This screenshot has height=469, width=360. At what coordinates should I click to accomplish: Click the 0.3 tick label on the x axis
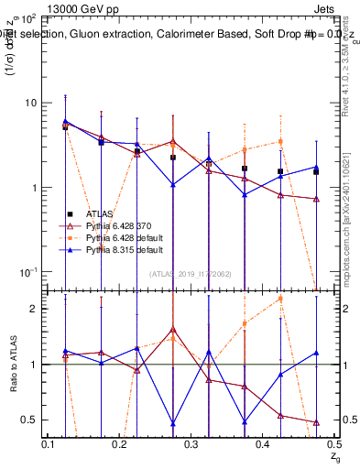coord(191,444)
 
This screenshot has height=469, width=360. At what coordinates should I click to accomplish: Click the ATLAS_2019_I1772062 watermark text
coord(190,272)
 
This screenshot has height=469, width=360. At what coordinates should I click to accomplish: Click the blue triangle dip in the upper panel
coord(173,185)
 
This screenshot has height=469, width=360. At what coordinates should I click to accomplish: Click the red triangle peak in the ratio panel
coord(173,329)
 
